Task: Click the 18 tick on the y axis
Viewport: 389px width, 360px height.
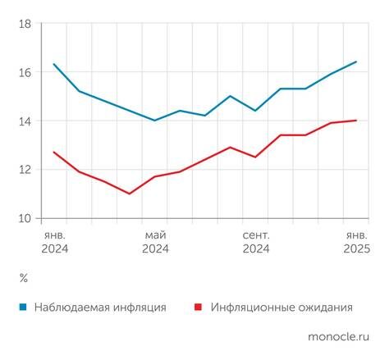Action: tap(24, 24)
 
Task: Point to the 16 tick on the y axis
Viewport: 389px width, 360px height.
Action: tap(24, 72)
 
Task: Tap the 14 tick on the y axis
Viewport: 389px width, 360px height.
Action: tap(24, 121)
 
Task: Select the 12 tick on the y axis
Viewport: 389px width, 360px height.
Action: tap(24, 170)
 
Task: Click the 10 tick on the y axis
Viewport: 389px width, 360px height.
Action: tap(24, 218)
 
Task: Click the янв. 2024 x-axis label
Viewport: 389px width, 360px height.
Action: tap(54, 242)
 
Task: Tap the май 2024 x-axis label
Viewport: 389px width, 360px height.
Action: tap(155, 242)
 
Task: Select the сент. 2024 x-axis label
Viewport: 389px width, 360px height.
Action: tap(256, 242)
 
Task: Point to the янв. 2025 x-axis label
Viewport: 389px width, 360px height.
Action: tap(355, 242)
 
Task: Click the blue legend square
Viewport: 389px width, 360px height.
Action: tap(24, 308)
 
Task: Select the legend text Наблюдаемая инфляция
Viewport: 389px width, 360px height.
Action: tap(100, 308)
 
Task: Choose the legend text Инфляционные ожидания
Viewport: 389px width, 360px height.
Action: tap(281, 308)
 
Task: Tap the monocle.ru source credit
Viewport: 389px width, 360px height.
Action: tap(338, 337)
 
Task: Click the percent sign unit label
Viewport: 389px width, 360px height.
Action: tap(23, 279)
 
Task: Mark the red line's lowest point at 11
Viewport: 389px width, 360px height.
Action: tap(130, 194)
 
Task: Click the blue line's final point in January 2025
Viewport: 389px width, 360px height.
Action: tap(356, 62)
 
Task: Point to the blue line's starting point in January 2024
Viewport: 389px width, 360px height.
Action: tap(54, 64)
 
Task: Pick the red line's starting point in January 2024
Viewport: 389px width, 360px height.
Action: tap(54, 152)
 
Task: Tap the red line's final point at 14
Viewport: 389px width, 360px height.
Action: tap(356, 121)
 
